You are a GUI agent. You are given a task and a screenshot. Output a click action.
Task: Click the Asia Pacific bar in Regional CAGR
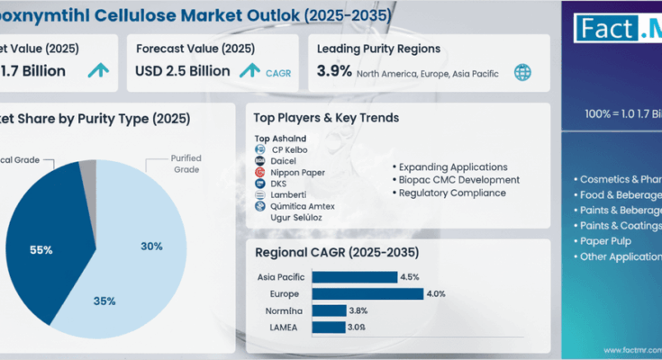click(x=355, y=277)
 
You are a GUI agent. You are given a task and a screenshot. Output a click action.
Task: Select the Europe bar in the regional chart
click(x=367, y=293)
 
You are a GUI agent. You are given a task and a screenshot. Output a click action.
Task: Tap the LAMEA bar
click(x=330, y=326)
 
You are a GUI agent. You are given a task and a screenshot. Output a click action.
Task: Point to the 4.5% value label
click(x=411, y=277)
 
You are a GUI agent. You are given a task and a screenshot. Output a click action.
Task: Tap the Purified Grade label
click(x=186, y=163)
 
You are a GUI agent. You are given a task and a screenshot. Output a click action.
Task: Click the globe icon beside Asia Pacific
click(x=521, y=73)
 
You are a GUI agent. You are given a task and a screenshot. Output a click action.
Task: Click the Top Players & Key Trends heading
click(x=327, y=118)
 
